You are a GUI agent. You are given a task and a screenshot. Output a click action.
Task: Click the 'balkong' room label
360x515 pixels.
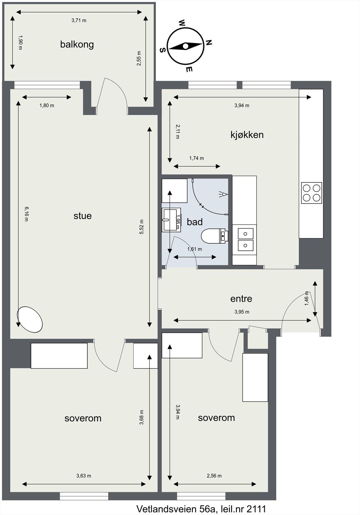[x=77, y=44]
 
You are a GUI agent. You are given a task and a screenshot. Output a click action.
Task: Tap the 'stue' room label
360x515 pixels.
[x=82, y=216]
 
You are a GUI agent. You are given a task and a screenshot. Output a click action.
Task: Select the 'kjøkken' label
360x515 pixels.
[x=247, y=135]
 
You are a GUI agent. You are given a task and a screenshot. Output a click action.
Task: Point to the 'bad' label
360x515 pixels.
[x=194, y=222]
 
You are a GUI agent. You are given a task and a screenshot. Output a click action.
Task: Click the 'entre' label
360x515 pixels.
[x=241, y=299]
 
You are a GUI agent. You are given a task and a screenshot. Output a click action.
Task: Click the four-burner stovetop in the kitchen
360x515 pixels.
[x=311, y=193]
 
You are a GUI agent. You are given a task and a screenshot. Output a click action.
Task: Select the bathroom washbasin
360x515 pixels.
[x=171, y=220]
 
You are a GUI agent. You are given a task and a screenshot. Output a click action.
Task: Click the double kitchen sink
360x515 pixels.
[x=245, y=239]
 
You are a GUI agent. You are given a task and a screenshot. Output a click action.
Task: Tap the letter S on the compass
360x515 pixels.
[x=162, y=50]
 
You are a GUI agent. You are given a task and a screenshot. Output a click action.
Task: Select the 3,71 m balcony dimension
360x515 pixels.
[x=79, y=21]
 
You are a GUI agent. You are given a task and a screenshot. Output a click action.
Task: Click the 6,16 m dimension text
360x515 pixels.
[x=27, y=214]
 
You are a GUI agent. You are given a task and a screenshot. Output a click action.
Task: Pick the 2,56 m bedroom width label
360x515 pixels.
[x=214, y=476]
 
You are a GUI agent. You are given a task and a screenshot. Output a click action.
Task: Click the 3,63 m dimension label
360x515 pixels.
[x=84, y=476]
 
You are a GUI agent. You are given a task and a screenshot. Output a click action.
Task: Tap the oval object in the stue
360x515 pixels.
[x=30, y=319]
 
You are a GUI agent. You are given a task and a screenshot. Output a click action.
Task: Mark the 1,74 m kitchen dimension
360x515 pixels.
[x=196, y=158]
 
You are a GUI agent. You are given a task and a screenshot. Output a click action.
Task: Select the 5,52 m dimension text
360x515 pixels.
[x=141, y=227]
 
